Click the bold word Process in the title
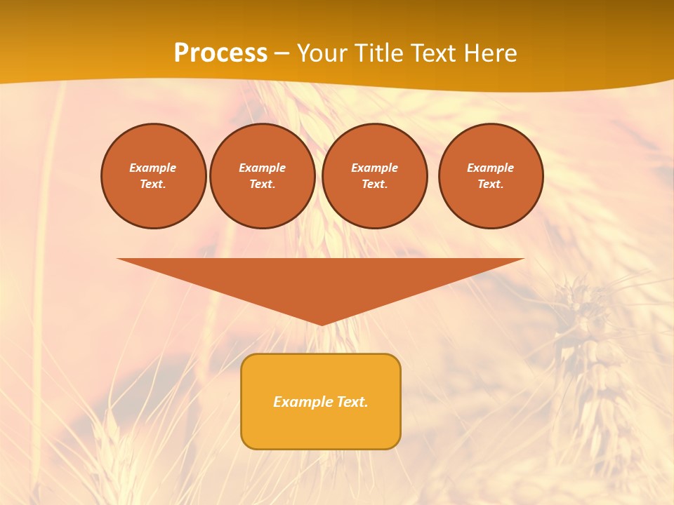pos(220,53)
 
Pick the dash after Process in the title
pos(282,53)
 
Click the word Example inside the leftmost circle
pos(153,168)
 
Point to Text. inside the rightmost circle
pos(491,184)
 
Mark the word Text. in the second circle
pos(263,184)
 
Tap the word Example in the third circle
pos(375,168)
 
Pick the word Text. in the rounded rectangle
pos(352,402)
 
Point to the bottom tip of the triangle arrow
pos(322,323)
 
